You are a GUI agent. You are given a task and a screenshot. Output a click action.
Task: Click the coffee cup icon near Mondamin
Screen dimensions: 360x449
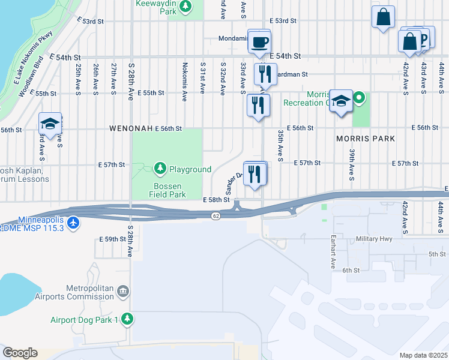[259, 43]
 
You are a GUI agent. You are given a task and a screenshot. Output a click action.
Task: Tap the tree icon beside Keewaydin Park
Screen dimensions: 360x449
[186, 6]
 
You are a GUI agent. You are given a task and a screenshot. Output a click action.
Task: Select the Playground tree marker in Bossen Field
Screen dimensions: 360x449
[160, 169]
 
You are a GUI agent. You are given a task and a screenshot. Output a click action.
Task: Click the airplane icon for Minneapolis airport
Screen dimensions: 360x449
[73, 223]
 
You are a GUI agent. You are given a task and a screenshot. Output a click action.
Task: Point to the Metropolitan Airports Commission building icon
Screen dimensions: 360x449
[122, 292]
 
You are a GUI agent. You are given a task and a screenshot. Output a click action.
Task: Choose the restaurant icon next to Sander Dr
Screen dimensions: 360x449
[255, 175]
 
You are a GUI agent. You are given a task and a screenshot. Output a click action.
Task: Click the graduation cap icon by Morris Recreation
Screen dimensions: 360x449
[341, 101]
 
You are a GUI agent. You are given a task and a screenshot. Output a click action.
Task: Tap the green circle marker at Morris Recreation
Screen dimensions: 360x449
[360, 97]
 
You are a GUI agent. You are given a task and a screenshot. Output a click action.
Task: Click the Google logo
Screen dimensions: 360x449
[20, 352]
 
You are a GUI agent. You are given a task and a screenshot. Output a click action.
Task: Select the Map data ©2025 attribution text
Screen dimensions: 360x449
[423, 355]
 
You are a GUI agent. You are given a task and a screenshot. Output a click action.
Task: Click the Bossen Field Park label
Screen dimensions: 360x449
[167, 190]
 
